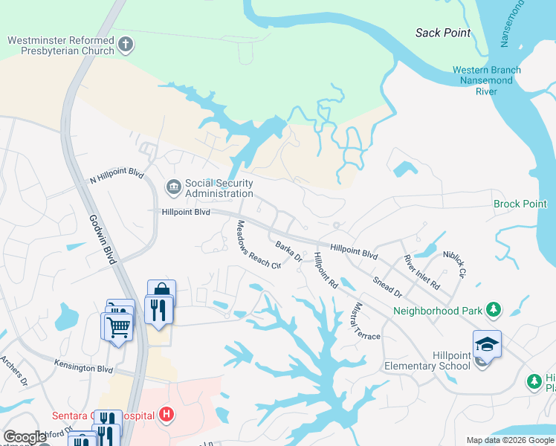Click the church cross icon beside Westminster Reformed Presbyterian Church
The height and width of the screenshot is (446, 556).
(126, 45)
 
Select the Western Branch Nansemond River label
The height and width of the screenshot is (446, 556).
(486, 81)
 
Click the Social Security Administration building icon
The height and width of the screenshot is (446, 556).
(173, 187)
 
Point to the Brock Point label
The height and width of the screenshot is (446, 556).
(520, 204)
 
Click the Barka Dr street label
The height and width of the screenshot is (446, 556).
(288, 251)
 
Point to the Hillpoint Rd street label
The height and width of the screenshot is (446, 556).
(326, 271)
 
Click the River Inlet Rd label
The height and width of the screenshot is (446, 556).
(421, 272)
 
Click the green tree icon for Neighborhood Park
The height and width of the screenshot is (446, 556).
(493, 309)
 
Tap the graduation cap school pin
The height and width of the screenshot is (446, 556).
(487, 343)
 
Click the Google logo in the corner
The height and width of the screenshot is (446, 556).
(24, 438)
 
